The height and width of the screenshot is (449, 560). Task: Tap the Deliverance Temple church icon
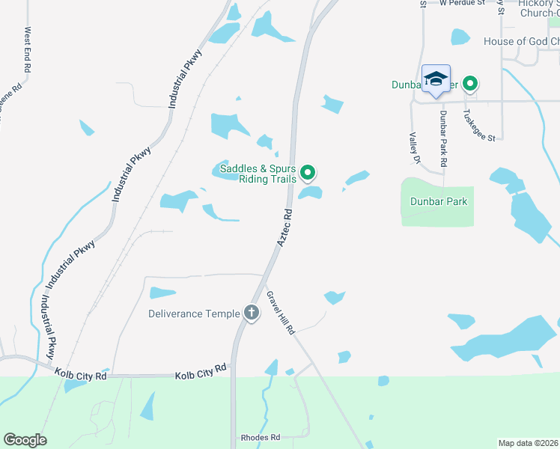point(252,314)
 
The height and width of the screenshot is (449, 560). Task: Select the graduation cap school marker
point(436,79)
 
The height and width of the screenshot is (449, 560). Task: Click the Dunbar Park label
point(438,201)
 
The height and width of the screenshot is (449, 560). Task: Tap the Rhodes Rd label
point(260,437)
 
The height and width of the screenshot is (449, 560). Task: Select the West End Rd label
point(28,50)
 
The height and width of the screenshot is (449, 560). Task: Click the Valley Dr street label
point(413,147)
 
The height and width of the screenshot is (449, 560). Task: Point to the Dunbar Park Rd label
point(443,138)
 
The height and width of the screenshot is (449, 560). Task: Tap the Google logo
point(25,440)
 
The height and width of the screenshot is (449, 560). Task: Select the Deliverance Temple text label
point(195,314)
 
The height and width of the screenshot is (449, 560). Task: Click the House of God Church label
point(521,41)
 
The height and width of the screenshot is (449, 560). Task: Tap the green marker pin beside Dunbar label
point(470,84)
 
